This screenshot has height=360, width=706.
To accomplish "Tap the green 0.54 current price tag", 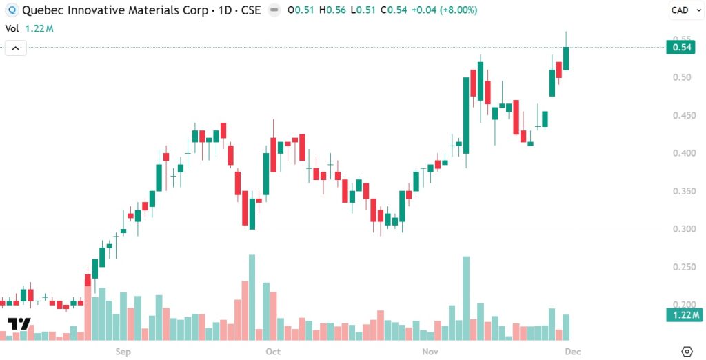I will click(x=682, y=47).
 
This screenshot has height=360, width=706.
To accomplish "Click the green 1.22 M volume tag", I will click(x=682, y=316).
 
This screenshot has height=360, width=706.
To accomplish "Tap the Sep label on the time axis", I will click(x=123, y=352).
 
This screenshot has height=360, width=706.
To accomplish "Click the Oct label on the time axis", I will click(x=273, y=352).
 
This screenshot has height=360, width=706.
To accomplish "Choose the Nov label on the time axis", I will click(x=430, y=352).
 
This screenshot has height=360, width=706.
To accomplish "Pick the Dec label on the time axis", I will click(x=573, y=352).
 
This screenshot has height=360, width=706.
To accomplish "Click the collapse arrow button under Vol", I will click(x=16, y=48).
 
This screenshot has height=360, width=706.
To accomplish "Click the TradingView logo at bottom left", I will click(x=19, y=324).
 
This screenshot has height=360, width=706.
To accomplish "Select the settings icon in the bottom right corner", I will click(x=687, y=351).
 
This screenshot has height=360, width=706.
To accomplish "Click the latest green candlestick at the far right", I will click(x=566, y=58).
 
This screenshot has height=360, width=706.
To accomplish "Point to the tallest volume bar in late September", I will click(x=252, y=297).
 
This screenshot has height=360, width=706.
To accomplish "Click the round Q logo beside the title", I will click(x=10, y=10).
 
